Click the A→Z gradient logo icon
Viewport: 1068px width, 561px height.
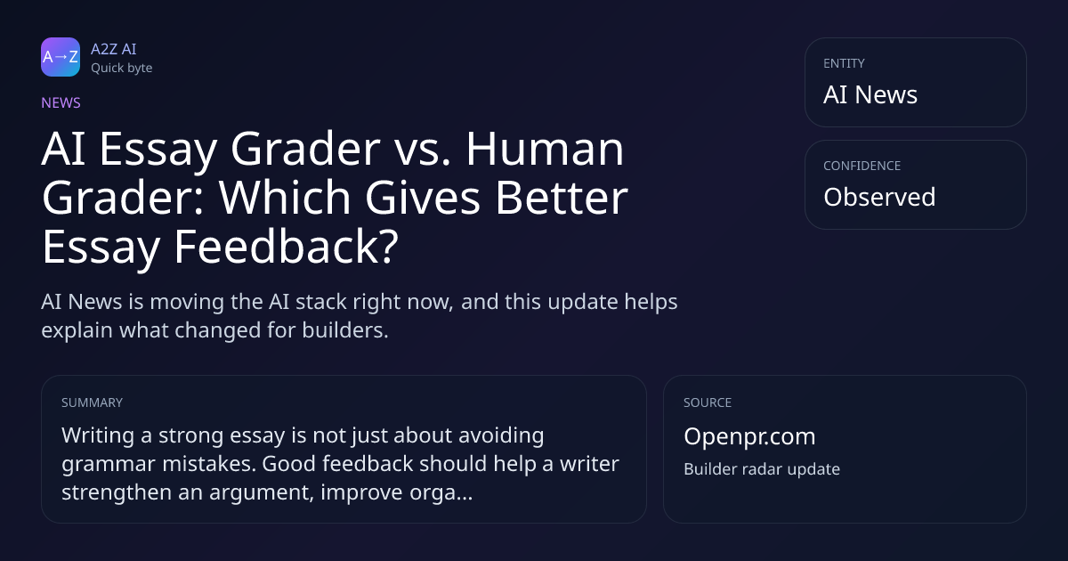(x=61, y=57)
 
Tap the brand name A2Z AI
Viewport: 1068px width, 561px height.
(x=114, y=49)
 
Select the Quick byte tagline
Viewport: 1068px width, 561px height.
(x=122, y=69)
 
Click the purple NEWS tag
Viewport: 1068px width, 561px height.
(x=61, y=103)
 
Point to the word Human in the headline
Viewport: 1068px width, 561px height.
(x=545, y=149)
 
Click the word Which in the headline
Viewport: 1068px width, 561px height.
(x=285, y=198)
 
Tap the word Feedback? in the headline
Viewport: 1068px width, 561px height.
(x=286, y=247)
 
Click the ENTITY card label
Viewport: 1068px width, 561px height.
(x=844, y=63)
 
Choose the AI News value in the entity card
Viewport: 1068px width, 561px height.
(x=870, y=94)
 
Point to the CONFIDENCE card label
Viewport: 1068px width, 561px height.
(x=862, y=166)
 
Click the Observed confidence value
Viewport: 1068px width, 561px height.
(x=879, y=197)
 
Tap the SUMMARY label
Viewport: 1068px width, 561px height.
(x=92, y=402)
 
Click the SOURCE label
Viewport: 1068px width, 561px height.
(x=708, y=402)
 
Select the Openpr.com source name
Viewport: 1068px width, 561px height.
(x=749, y=436)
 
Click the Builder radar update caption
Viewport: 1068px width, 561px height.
(x=762, y=469)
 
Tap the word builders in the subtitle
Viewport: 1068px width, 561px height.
(x=345, y=330)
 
